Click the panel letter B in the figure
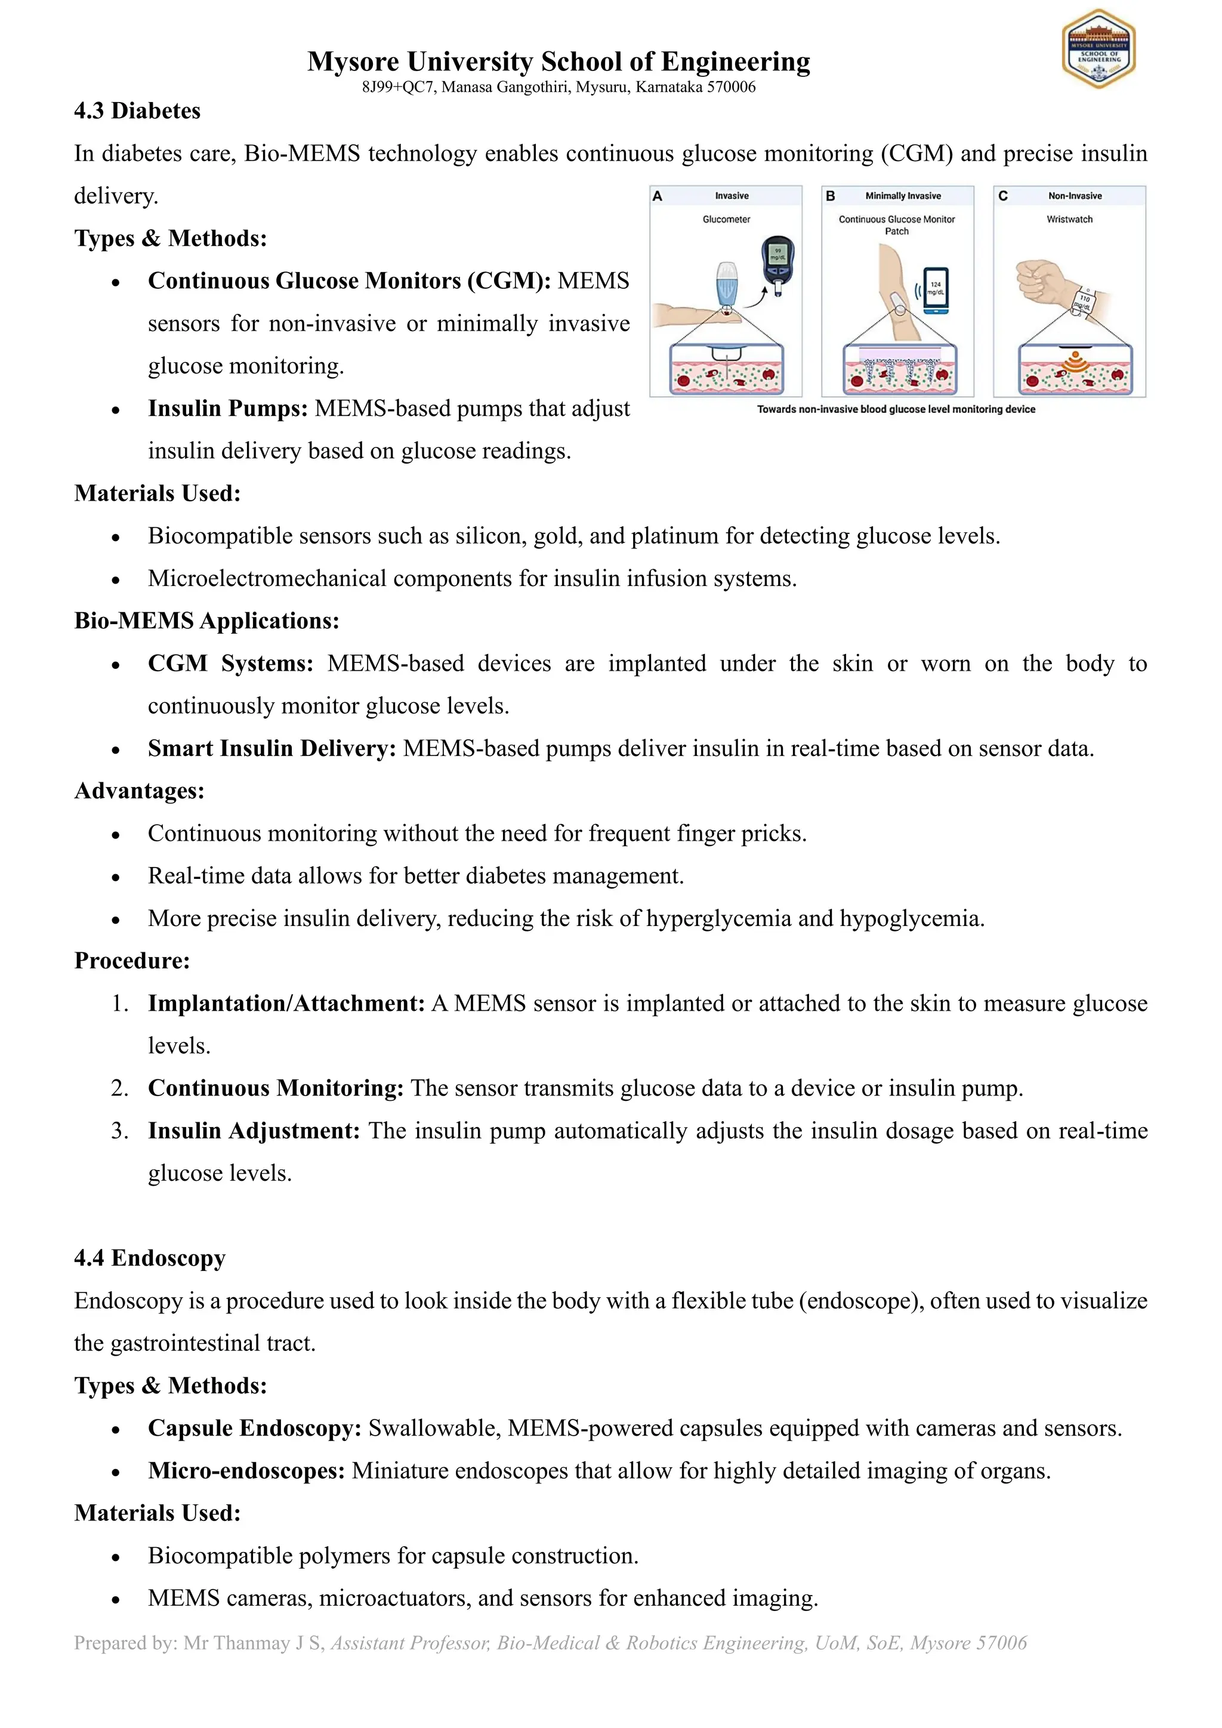point(830,196)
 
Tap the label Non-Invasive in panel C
point(1075,196)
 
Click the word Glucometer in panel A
point(726,219)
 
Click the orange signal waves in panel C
point(1075,362)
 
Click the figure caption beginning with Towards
point(896,409)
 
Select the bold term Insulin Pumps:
point(227,408)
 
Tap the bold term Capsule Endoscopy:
point(254,1428)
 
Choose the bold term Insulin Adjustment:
point(254,1131)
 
